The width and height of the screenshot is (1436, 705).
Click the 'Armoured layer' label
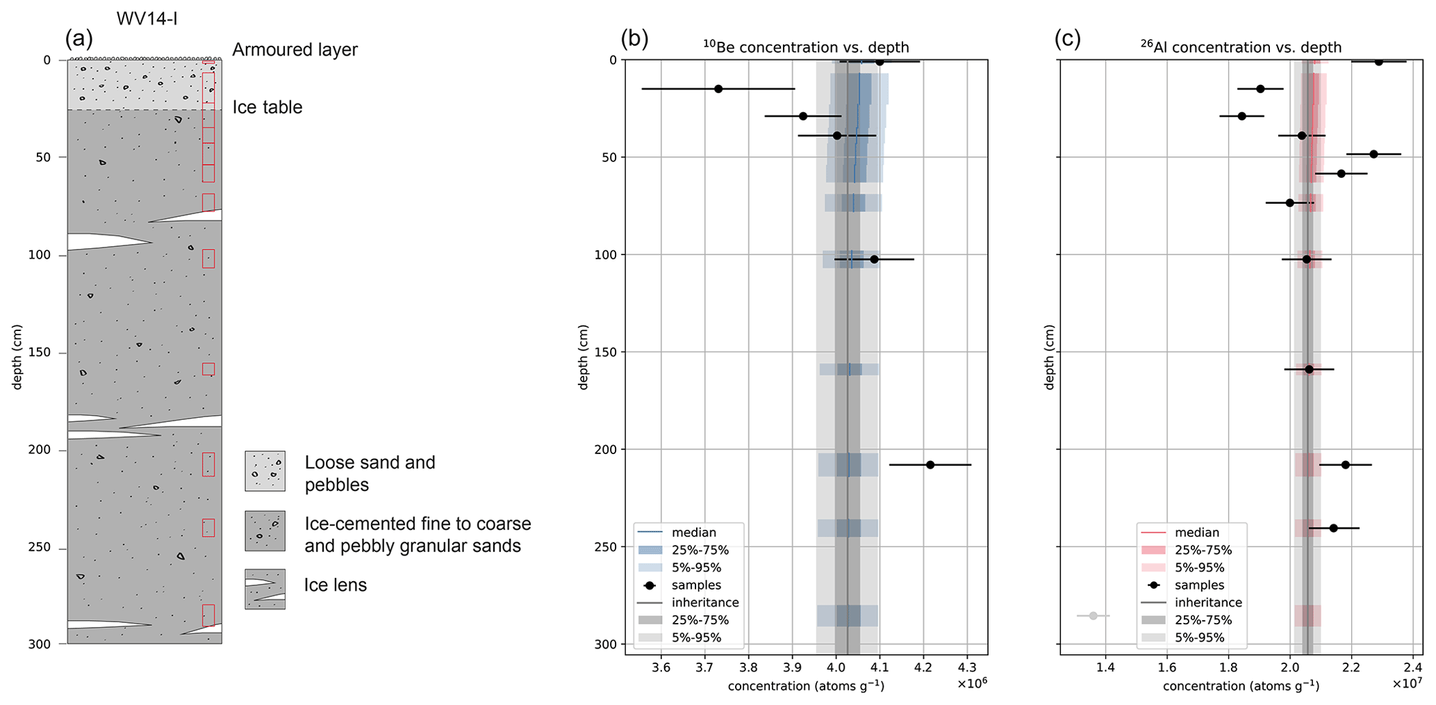tap(295, 50)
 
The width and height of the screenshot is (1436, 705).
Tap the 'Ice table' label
tap(267, 108)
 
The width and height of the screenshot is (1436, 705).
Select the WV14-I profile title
tap(147, 18)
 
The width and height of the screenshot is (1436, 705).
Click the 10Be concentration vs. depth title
tap(805, 47)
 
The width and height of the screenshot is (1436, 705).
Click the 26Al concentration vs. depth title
tap(1240, 47)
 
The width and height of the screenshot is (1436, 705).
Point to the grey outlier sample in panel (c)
tap(1093, 615)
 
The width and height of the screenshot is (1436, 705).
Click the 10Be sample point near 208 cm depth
tap(930, 464)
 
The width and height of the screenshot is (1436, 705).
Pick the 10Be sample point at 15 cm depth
tap(718, 88)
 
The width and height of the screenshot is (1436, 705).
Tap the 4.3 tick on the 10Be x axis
tap(966, 668)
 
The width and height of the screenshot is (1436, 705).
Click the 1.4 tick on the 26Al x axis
tap(1105, 668)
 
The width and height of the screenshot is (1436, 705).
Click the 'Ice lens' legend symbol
tap(265, 589)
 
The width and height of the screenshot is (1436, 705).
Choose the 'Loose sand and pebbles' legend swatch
tap(265, 471)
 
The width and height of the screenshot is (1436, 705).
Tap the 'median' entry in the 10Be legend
tap(693, 533)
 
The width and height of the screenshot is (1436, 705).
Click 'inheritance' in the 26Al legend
tap(1208, 603)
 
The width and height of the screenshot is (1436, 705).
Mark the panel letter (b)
tap(634, 39)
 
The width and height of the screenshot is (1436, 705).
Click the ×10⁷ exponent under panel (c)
tap(1407, 683)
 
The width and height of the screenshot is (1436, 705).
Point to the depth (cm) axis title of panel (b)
tap(584, 357)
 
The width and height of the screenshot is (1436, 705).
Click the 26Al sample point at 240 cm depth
tap(1333, 528)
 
